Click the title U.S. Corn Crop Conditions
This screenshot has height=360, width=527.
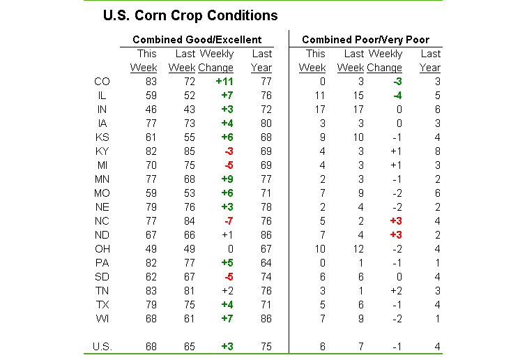pyautogui.click(x=190, y=15)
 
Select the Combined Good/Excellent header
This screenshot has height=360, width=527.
pyautogui.click(x=197, y=40)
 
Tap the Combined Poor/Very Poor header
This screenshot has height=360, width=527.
pyautogui.click(x=365, y=40)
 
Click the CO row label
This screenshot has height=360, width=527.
pyautogui.click(x=101, y=82)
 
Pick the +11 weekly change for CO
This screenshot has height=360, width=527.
pyautogui.click(x=223, y=82)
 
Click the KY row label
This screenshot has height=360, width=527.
pyautogui.click(x=101, y=151)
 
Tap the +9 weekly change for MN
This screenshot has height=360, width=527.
pyautogui.click(x=225, y=179)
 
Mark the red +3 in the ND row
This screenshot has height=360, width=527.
pyautogui.click(x=394, y=234)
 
